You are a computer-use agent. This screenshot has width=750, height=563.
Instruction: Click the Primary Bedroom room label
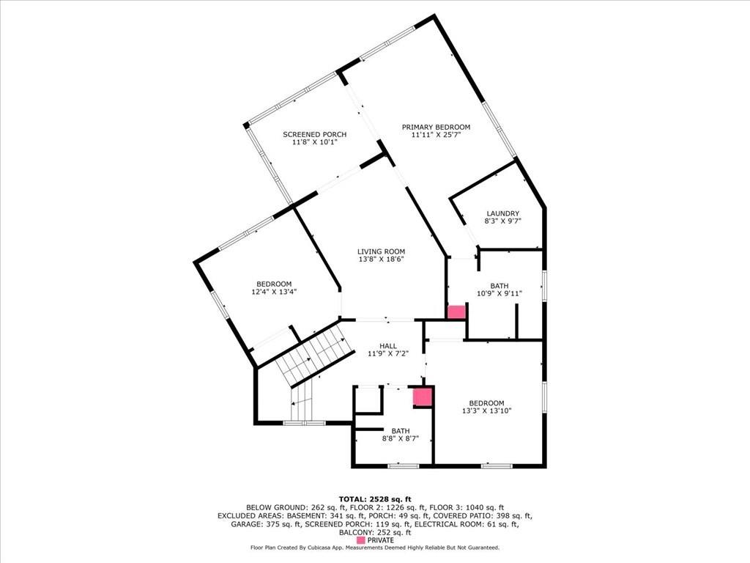436,127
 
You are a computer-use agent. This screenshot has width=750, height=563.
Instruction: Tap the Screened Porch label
315,135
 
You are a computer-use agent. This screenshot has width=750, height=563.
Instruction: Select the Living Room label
381,251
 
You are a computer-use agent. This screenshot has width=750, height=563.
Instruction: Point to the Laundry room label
502,213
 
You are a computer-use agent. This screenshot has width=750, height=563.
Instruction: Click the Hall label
388,346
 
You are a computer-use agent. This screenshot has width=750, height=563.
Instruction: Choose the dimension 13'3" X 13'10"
486,411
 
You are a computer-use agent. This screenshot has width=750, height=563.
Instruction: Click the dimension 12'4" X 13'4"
274,292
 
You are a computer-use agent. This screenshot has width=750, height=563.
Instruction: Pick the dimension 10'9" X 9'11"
500,294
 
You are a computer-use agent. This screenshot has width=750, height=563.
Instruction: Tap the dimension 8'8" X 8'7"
401,438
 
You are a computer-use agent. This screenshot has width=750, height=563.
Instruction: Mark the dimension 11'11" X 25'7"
436,135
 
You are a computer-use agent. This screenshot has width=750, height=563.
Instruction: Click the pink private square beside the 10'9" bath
456,312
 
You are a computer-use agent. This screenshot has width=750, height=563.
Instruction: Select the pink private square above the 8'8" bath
423,397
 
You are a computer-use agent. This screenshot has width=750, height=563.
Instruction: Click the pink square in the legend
361,540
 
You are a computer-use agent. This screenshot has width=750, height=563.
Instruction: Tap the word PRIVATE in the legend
381,540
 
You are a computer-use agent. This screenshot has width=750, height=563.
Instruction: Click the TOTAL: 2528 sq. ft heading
375,499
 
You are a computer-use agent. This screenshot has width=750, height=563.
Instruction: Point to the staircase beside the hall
310,364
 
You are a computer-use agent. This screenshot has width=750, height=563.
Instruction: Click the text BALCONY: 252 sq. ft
375,532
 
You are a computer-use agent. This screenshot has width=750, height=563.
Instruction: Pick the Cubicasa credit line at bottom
375,548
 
